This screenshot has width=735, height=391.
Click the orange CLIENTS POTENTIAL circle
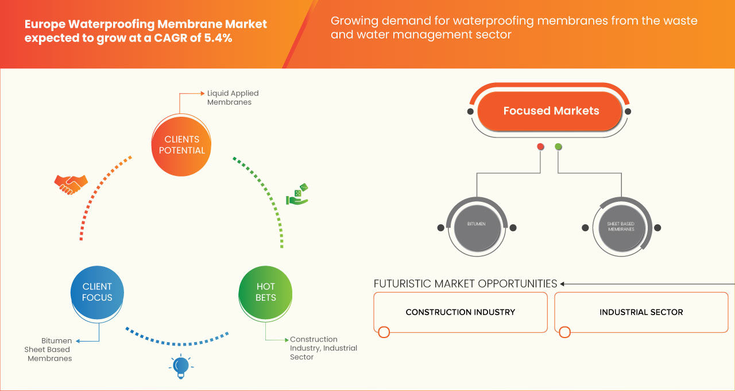pos(181,145)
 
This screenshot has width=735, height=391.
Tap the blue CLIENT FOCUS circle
pos(97,292)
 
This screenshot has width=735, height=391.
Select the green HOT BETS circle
pos(266,292)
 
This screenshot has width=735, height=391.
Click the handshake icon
pos(71,184)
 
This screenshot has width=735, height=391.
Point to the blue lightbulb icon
pos(181,366)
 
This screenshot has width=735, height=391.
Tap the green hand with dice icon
pos(297,195)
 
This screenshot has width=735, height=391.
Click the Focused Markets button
pos(551,111)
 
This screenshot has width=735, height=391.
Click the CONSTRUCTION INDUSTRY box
pos(461,312)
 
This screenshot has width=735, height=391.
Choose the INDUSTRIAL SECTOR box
pos(641,312)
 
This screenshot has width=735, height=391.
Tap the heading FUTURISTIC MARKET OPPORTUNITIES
pos(465,283)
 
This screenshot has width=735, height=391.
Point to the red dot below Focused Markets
pos(540,147)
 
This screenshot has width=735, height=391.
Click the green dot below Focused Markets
pos(558,147)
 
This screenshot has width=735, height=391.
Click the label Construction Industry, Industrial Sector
pos(323,348)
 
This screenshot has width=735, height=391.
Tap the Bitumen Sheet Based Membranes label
pos(49,350)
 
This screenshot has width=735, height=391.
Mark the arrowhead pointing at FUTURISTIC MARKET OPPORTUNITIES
pos(563,283)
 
